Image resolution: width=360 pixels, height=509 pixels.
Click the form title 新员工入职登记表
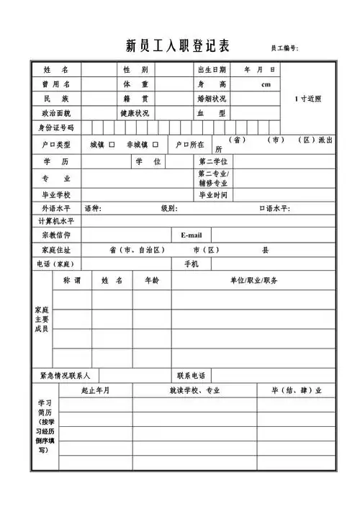(x=177, y=47)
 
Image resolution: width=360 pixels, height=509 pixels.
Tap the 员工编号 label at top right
(x=284, y=48)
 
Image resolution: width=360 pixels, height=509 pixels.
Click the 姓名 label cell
(x=55, y=70)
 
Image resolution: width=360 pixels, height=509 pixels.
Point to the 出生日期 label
(x=211, y=70)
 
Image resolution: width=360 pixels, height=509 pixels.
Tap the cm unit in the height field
(x=265, y=84)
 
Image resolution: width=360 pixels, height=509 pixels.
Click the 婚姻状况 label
(x=211, y=99)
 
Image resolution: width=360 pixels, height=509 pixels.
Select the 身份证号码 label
(x=55, y=127)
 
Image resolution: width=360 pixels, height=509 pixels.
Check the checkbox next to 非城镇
(x=155, y=145)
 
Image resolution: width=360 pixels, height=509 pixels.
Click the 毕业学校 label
(x=55, y=195)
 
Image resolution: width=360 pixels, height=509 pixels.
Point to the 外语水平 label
(x=55, y=209)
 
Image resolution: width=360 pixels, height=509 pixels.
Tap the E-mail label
(x=192, y=235)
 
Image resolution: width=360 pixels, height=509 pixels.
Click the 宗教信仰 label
(x=55, y=235)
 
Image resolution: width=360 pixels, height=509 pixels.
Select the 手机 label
(x=192, y=264)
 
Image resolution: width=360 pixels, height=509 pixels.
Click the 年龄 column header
(x=152, y=279)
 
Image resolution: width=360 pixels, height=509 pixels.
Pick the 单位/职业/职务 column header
(x=253, y=279)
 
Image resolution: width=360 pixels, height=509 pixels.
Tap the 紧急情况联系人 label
(x=65, y=375)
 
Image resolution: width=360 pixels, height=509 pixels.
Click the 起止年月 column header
(x=96, y=390)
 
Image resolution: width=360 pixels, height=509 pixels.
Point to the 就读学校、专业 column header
(x=194, y=390)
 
